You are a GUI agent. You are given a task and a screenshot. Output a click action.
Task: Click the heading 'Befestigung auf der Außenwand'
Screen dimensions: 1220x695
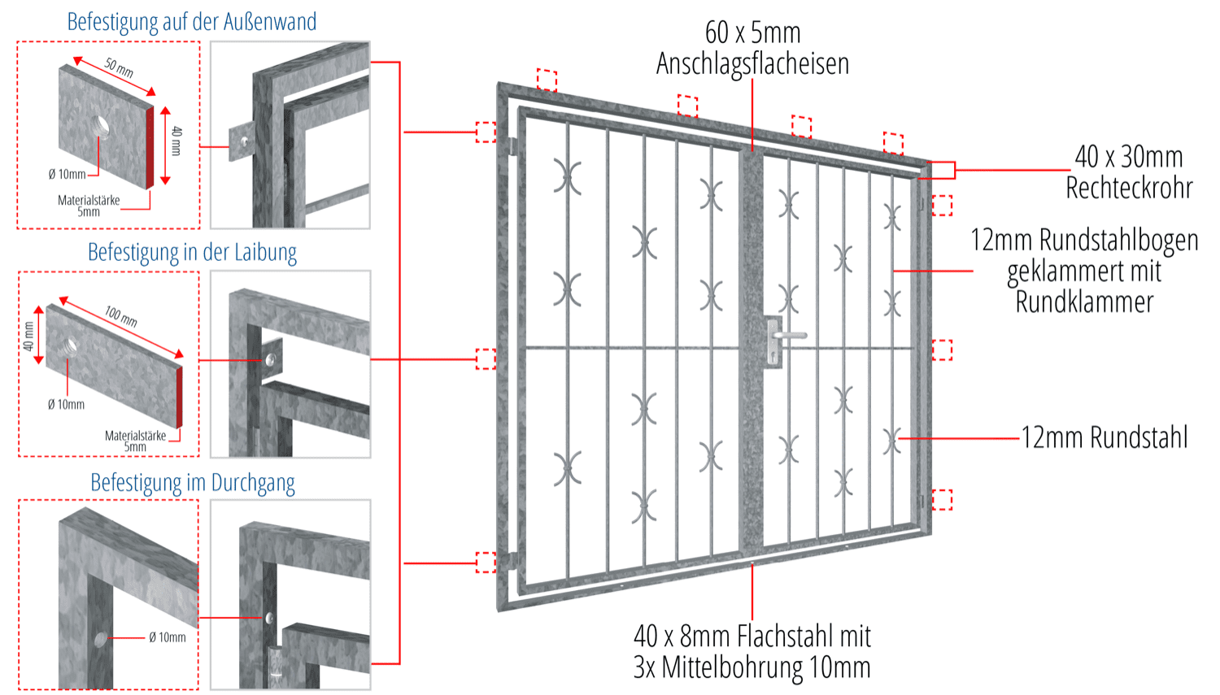192,22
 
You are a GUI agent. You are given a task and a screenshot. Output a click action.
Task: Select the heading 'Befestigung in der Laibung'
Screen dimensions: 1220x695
192,253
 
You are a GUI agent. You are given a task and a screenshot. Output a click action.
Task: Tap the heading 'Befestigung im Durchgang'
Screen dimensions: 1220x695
193,483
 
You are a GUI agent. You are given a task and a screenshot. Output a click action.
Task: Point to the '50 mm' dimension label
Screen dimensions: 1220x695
119,68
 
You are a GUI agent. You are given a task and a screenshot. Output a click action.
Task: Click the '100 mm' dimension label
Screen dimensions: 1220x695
121,316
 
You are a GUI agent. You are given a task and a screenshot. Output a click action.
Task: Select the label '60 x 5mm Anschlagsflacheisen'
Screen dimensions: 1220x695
752,48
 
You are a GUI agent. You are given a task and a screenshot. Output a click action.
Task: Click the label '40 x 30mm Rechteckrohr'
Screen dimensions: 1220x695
1129,172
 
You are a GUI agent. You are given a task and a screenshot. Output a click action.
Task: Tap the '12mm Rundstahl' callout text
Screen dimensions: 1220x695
1105,437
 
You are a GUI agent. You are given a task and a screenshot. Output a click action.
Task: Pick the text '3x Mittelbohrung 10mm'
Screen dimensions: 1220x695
752,667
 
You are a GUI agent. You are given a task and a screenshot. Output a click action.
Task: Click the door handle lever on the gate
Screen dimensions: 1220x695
790,335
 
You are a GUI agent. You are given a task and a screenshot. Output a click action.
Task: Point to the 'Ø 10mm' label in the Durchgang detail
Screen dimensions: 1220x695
168,637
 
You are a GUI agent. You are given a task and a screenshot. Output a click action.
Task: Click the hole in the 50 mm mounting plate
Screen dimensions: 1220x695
100,128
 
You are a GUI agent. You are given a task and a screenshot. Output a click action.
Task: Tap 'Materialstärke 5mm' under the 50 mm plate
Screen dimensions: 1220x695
89,206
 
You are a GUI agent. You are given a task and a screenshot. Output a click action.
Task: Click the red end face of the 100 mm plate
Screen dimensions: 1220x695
180,397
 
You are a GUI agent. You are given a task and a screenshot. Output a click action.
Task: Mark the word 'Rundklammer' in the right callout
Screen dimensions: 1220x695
1084,302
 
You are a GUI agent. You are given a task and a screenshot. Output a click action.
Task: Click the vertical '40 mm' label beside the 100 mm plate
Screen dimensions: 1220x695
28,337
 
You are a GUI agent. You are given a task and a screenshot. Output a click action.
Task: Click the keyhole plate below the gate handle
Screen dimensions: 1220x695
773,341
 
